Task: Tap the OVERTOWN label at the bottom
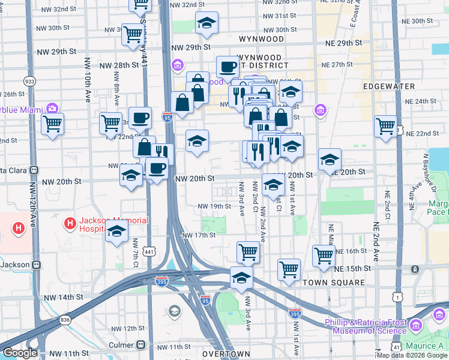[226, 354]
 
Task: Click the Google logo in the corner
[20, 353]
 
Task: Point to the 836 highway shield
[65, 320]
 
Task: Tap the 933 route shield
[29, 81]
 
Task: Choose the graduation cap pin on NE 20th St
[330, 160]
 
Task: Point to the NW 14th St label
[62, 298]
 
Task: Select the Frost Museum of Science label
[366, 326]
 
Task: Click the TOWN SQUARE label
[334, 283]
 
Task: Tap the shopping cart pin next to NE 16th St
[324, 255]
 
